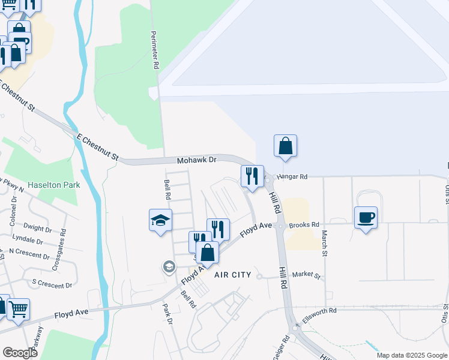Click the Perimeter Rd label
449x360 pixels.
155,50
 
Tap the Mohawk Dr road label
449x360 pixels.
196,161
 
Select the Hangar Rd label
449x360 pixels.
292,176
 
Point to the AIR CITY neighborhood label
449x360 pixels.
233,274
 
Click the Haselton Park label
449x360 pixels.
53,185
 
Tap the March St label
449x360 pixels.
324,244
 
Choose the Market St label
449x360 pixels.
307,274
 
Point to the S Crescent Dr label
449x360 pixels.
52,284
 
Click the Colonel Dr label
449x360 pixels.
13,218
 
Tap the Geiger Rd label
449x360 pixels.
280,348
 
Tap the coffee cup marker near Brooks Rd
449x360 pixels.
366,217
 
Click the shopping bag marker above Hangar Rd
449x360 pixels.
285,146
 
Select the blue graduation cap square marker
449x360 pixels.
160,220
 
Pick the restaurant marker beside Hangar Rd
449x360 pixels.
252,176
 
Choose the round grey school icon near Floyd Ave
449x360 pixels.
169,266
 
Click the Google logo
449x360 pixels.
20,352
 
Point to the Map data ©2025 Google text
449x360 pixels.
411,355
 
